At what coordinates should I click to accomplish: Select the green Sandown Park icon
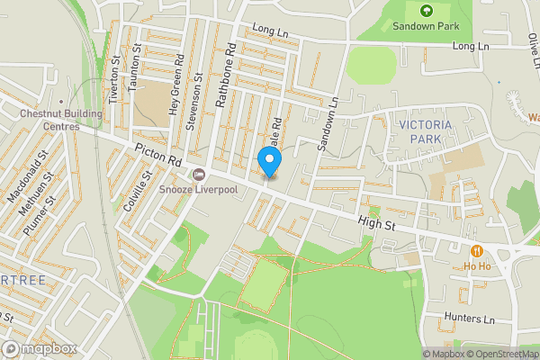[x=426, y=11]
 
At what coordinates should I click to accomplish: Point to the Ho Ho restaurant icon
[x=476, y=251]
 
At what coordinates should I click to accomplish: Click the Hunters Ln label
[x=470, y=319]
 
